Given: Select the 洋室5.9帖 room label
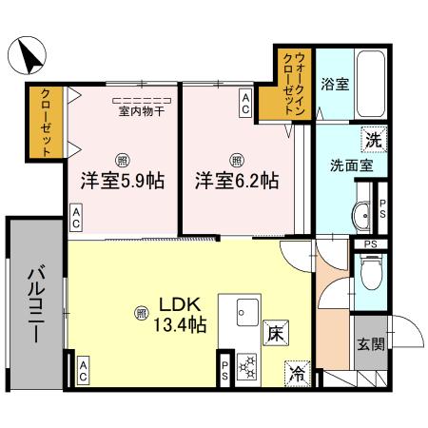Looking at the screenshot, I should (x=122, y=181).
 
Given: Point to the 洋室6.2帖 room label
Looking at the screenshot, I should (x=237, y=181).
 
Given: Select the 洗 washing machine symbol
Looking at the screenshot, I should (x=374, y=140).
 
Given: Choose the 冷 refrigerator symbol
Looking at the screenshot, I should (x=298, y=371).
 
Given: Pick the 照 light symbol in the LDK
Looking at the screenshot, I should (x=142, y=311).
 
